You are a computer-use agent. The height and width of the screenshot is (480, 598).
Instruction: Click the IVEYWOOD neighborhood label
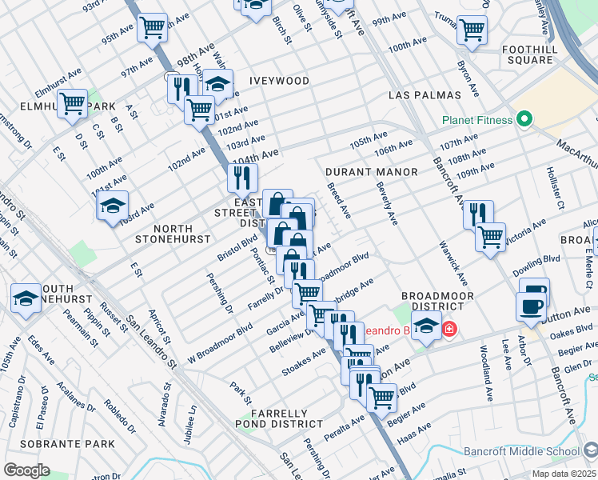279,81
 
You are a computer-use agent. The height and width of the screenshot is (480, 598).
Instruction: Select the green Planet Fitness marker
524,121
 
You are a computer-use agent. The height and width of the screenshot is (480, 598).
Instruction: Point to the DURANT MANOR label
372,172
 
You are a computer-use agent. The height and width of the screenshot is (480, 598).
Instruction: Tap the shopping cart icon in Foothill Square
472,31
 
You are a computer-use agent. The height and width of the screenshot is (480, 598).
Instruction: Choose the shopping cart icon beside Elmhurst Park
73,103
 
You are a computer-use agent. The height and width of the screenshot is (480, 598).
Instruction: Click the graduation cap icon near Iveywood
217,83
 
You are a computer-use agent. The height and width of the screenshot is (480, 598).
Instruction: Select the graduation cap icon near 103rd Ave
113,206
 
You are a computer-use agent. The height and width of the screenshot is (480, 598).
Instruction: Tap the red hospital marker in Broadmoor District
449,329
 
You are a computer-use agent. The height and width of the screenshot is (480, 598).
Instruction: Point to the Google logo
26,470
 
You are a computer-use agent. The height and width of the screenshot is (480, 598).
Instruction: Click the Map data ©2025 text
562,474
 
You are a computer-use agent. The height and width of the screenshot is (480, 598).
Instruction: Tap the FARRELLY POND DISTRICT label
279,418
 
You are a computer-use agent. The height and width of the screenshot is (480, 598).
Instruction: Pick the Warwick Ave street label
451,263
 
